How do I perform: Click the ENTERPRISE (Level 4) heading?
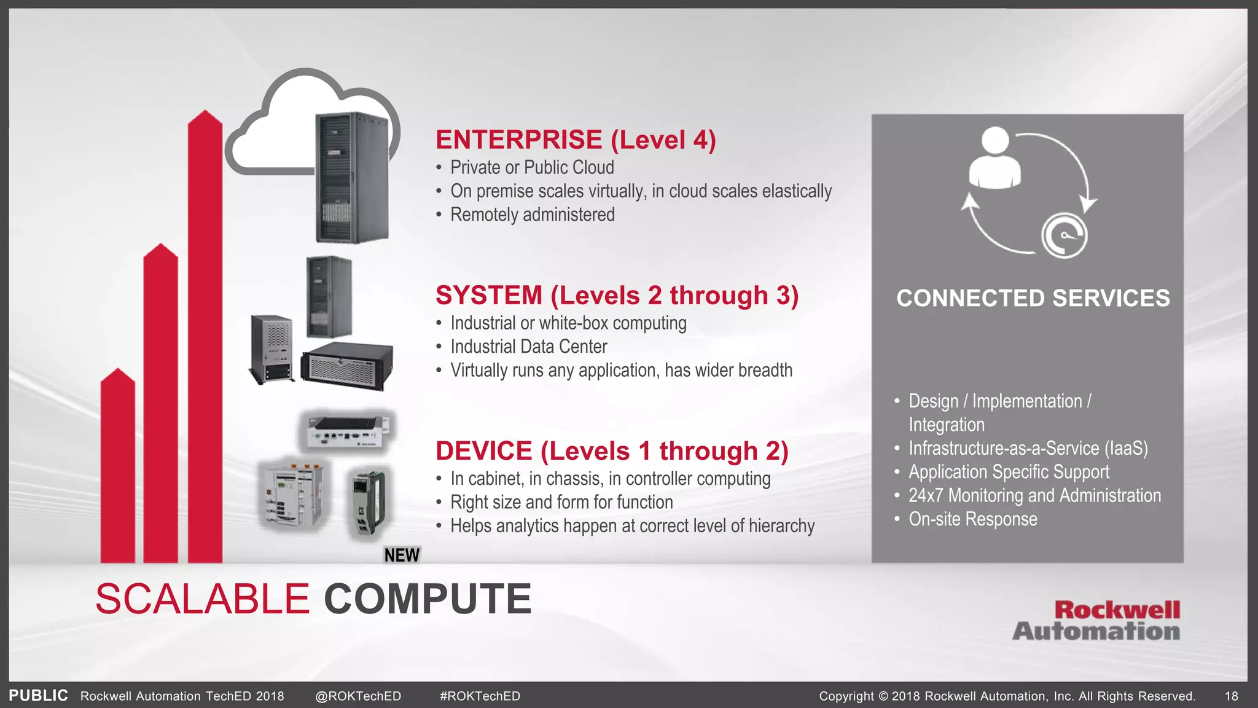[x=576, y=140]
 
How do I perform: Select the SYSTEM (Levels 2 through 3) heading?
[x=617, y=296]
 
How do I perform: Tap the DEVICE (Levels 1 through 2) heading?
[x=612, y=451]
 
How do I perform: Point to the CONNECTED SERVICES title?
[x=1033, y=298]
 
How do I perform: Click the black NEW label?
[x=402, y=555]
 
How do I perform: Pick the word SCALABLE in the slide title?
[x=202, y=599]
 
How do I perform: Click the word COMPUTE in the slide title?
[x=428, y=599]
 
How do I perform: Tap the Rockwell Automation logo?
[x=1096, y=621]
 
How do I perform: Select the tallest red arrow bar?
[x=205, y=338]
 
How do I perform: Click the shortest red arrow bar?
[x=117, y=467]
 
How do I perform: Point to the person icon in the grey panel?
[x=995, y=158]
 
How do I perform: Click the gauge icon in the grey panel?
[x=1065, y=235]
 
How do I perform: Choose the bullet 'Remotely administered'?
[x=532, y=215]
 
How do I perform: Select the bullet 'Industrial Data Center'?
[x=528, y=347]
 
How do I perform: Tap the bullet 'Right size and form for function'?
[x=561, y=502]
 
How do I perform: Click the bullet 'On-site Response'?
[x=972, y=519]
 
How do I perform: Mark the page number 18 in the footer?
[x=1231, y=696]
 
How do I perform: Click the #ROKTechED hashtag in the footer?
[x=480, y=696]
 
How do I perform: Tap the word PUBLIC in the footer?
[x=38, y=696]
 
